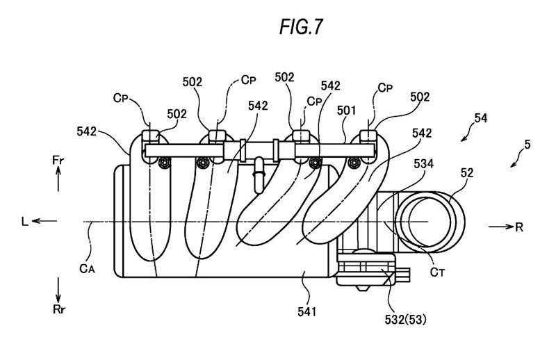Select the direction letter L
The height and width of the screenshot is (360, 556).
(25, 222)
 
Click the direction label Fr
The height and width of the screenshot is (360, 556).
(58, 159)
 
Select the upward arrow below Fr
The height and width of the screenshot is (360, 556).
(58, 181)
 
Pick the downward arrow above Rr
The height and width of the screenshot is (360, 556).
(58, 287)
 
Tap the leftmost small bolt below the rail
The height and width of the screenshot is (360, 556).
(165, 163)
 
